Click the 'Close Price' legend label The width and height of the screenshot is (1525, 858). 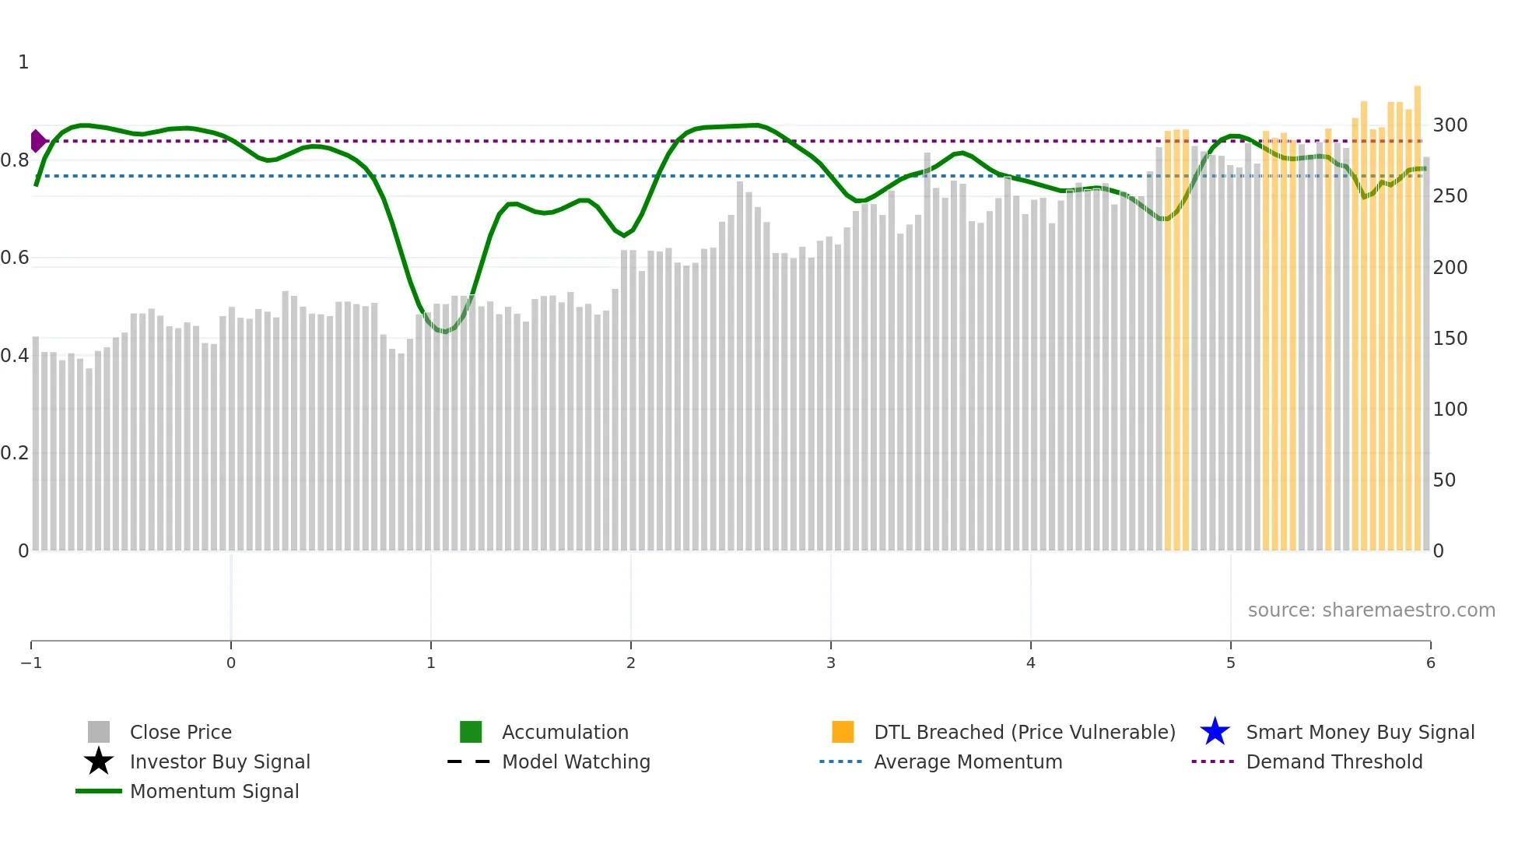[x=181, y=732]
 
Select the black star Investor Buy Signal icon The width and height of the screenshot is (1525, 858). [x=99, y=761]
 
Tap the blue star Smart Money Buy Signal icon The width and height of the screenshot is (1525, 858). [x=1215, y=732]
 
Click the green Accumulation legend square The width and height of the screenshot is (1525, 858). [x=471, y=732]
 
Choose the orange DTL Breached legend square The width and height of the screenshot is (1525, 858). [x=843, y=732]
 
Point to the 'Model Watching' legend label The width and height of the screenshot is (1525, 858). [x=576, y=761]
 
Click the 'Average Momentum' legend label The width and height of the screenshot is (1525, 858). [x=968, y=761]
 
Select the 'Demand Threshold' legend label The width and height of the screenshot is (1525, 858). [x=1334, y=761]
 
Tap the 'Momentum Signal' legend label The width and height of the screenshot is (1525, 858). [x=214, y=791]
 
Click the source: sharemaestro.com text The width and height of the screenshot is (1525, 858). [x=1371, y=610]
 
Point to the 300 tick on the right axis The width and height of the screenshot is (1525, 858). [x=1450, y=125]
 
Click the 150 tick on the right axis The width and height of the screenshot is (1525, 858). [x=1450, y=339]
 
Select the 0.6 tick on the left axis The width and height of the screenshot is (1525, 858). [x=15, y=258]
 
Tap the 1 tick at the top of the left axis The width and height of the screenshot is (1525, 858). [x=23, y=62]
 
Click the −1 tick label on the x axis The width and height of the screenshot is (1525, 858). [x=31, y=663]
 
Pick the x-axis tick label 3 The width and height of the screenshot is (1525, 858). [x=831, y=663]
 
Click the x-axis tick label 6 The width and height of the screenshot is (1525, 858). [x=1430, y=663]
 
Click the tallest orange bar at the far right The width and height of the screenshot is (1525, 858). [x=1418, y=311]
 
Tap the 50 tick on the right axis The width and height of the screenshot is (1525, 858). [x=1444, y=480]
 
